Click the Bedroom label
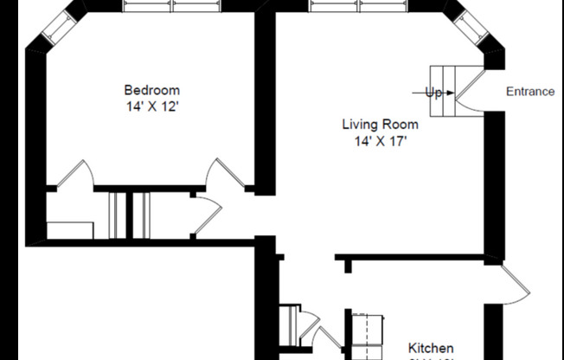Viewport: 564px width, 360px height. (x=152, y=90)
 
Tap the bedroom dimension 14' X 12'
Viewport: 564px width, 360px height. (x=152, y=106)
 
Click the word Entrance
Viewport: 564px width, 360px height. (x=529, y=92)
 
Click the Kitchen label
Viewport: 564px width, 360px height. (x=431, y=349)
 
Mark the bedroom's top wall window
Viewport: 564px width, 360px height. (x=171, y=6)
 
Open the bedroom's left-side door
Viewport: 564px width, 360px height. (x=74, y=176)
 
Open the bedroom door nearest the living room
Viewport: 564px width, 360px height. (x=224, y=176)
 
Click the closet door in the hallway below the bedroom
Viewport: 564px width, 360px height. (x=204, y=215)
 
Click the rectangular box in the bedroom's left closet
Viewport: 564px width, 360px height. (x=69, y=230)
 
